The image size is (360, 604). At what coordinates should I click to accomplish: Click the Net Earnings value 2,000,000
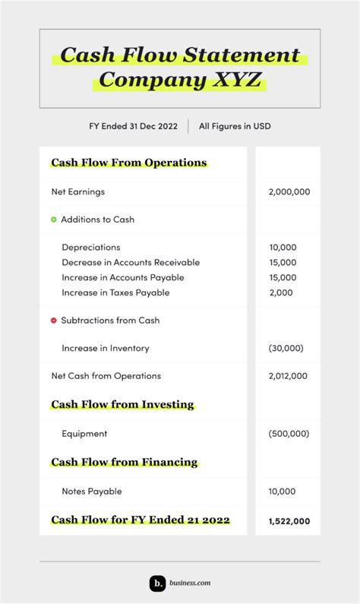289,192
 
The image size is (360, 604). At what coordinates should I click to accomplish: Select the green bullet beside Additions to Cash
54,220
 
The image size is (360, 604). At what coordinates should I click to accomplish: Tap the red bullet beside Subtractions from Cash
54,321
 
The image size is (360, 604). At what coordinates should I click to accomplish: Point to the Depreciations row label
90,248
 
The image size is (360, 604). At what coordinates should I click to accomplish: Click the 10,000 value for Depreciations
283,248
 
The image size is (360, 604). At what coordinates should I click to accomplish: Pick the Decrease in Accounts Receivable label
131,263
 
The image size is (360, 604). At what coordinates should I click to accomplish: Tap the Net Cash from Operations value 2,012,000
288,376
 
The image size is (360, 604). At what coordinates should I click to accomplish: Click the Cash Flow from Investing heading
122,404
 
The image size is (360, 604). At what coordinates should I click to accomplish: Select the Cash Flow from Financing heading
124,462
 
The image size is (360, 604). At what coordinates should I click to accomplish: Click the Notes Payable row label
91,492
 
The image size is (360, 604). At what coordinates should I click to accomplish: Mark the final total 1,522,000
289,520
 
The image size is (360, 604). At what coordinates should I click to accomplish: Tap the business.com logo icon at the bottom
157,583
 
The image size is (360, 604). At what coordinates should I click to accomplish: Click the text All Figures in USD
235,126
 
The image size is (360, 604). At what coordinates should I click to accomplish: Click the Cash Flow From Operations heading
128,163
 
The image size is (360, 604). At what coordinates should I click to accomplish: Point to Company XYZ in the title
179,79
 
